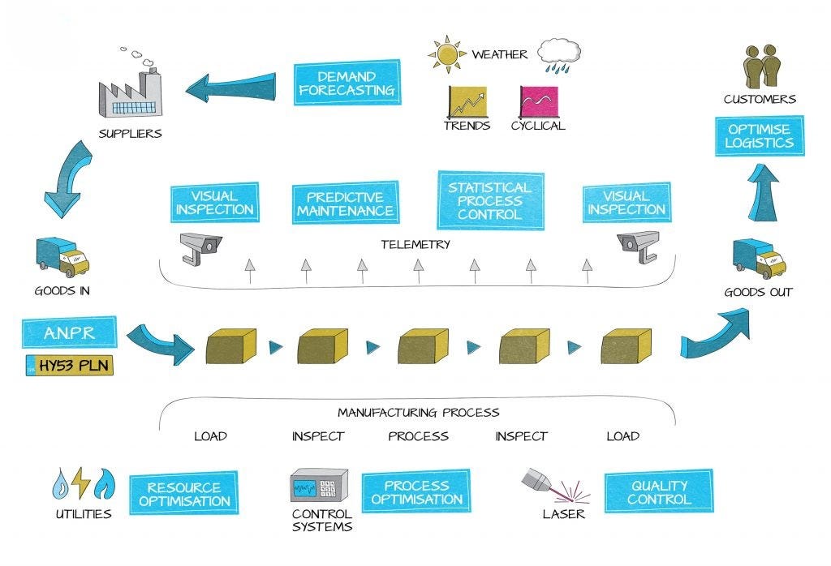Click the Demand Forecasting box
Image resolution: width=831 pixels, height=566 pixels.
(x=347, y=82)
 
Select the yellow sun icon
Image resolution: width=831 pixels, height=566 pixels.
(x=446, y=54)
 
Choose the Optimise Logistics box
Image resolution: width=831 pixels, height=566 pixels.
(x=760, y=135)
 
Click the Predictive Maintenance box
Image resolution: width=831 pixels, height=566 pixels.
(x=345, y=204)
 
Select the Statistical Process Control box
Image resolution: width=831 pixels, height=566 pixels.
(x=489, y=200)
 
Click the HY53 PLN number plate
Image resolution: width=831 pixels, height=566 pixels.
(x=70, y=365)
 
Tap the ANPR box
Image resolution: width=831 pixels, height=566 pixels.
(x=70, y=332)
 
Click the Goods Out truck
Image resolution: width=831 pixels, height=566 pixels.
(x=759, y=259)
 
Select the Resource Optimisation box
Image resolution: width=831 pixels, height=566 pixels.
(x=183, y=494)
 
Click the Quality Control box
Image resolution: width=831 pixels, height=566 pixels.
(x=659, y=491)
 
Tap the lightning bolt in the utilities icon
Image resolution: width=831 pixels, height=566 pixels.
(x=82, y=484)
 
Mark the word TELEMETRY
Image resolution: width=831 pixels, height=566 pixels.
(x=415, y=244)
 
